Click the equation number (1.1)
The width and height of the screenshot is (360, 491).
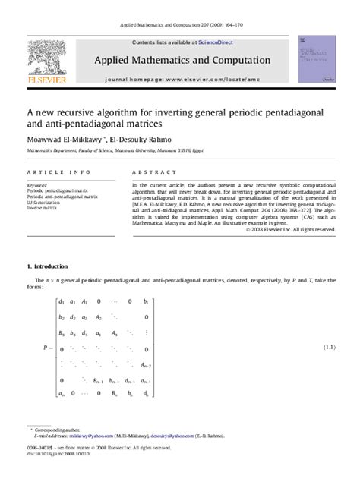pos(329,345)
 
